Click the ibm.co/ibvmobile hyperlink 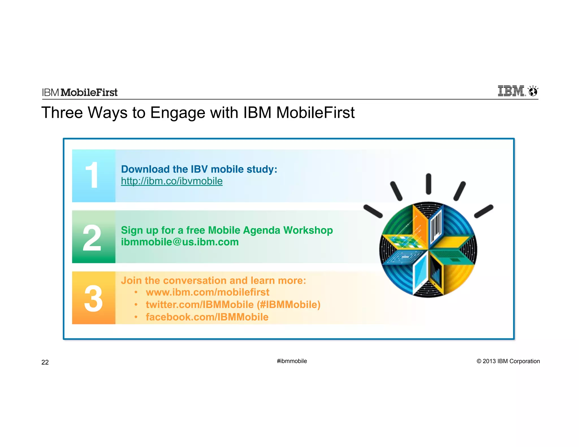coord(172,181)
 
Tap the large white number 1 coord(92,175)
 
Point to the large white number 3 coord(93,298)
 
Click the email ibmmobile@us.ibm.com coord(180,242)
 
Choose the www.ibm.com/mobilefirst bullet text coord(208,292)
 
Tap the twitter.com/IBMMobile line coord(233,305)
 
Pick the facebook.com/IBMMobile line coord(207,317)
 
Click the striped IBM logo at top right coord(511,91)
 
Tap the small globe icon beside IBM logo coord(533,92)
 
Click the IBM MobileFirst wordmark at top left coord(80,92)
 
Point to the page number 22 coord(45,362)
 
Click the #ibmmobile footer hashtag coord(292,361)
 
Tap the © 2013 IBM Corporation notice coord(508,361)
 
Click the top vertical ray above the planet coord(429,184)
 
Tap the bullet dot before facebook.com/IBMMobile coord(136,317)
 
